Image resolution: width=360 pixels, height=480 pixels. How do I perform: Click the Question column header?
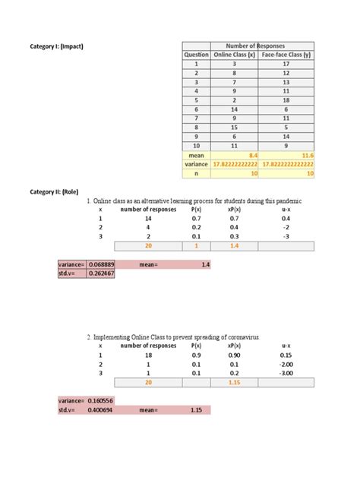click(x=196, y=55)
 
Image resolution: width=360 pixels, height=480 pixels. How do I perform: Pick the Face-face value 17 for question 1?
click(x=287, y=65)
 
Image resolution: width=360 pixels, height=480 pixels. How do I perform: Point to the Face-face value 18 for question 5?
click(x=287, y=99)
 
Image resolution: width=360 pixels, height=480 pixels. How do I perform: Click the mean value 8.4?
click(x=251, y=154)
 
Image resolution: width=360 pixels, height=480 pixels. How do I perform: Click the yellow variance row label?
click(x=196, y=164)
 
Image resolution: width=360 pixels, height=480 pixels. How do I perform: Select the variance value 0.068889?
click(x=101, y=264)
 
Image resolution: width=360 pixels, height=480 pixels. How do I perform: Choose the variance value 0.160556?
click(x=101, y=400)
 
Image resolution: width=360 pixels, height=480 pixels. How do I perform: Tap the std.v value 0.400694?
click(x=101, y=410)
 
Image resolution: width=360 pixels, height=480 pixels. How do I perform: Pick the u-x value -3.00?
click(x=286, y=373)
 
